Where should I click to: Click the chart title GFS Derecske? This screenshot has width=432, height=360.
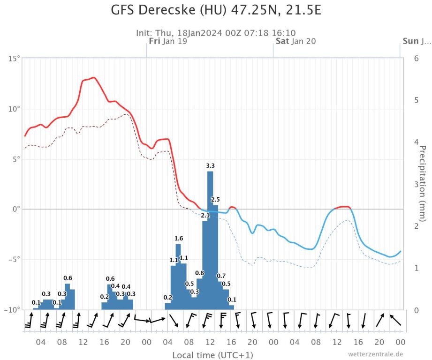[216, 10]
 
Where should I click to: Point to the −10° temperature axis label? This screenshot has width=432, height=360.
[13, 310]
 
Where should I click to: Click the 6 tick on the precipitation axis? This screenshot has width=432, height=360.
[416, 59]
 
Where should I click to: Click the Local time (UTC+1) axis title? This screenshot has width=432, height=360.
[212, 355]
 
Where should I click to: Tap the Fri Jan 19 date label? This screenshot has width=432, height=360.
[168, 41]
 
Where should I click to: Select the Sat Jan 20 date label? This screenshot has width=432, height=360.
[296, 41]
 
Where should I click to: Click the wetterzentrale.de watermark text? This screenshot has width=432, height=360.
[375, 354]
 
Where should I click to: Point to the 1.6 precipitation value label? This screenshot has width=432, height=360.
[178, 239]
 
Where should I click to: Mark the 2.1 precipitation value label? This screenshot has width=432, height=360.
[205, 216]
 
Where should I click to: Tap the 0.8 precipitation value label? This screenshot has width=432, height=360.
[199, 273]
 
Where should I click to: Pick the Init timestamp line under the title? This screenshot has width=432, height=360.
[216, 33]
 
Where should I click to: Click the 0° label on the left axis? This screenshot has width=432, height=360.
[15, 209]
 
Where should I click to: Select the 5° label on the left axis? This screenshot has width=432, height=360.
[15, 159]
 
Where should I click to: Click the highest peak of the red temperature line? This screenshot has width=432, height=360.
[94, 78]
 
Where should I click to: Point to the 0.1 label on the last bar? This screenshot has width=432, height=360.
[232, 300]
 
